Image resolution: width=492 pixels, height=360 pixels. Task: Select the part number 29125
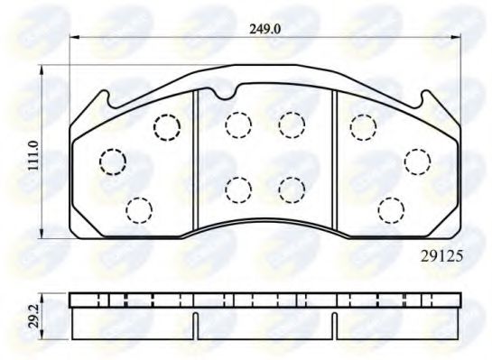point(442,255)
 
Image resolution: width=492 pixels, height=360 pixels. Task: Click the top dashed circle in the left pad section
point(166,126)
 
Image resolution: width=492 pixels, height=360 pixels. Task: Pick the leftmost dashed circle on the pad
point(111,162)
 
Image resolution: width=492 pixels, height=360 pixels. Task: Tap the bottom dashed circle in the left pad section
point(137,209)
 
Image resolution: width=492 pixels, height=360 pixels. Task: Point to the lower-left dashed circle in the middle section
point(237,189)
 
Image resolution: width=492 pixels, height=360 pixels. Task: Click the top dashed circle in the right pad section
point(362,127)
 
